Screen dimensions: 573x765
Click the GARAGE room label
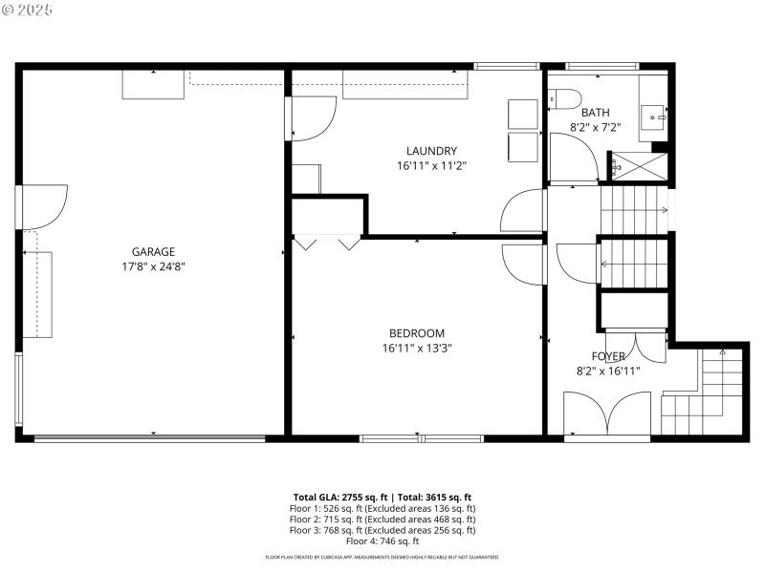point(153,252)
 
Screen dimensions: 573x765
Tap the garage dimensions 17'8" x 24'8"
point(153,267)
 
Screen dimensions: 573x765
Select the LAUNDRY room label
point(431,151)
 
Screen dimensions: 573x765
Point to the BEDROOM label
point(417,332)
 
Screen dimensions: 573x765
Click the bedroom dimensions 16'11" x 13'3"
point(417,348)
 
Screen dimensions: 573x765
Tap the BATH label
point(595,112)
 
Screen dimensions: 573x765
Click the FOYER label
point(607,356)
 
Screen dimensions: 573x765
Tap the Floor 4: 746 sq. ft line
point(382,541)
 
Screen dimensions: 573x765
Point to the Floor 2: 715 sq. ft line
point(382,520)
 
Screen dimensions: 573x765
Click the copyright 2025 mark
point(28,10)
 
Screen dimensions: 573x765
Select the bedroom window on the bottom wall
point(421,438)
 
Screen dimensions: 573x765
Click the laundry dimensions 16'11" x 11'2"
point(431,165)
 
